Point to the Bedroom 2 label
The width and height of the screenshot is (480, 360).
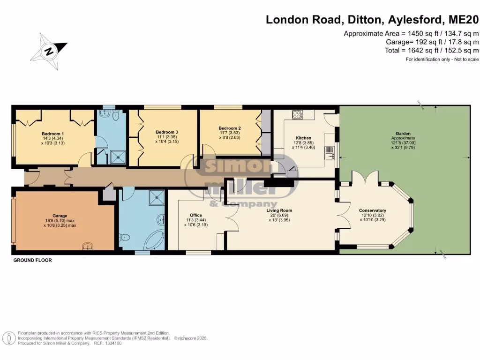(230, 128)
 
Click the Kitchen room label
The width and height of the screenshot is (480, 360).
(303, 138)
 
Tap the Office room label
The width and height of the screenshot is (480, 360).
(196, 215)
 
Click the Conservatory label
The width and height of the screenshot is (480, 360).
(372, 210)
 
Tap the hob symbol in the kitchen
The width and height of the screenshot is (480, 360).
(298, 115)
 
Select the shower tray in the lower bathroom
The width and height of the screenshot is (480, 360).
(157, 198)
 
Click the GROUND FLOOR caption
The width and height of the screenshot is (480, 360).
(32, 260)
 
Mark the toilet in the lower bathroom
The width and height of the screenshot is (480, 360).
(124, 238)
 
